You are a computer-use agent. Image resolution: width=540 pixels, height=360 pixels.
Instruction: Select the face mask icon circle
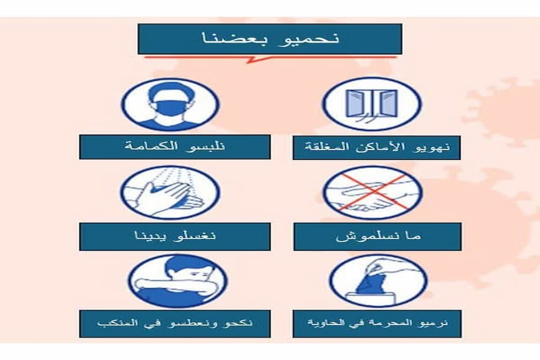point(171,104)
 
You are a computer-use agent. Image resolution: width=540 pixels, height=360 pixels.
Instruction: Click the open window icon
point(372,103)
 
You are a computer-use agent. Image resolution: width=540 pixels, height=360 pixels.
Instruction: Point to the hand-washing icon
point(170,192)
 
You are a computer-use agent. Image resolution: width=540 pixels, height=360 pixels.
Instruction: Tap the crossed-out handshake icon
point(373,192)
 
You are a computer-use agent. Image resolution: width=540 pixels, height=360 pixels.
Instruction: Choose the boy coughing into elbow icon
point(178,281)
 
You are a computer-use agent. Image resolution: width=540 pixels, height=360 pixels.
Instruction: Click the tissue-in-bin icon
point(378,280)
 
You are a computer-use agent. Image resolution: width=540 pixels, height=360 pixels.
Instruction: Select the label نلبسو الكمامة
point(175,147)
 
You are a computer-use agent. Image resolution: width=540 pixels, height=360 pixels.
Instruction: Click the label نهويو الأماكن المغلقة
point(377,148)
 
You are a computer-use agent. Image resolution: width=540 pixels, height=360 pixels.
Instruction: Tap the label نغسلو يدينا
point(175,236)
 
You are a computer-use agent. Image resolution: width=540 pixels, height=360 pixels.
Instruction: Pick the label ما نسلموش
point(378,236)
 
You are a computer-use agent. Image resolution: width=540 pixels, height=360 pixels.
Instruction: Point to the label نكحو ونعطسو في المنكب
point(175,324)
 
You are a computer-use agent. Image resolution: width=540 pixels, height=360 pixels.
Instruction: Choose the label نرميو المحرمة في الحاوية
point(377,324)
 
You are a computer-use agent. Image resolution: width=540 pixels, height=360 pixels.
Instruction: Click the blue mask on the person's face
point(170,108)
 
